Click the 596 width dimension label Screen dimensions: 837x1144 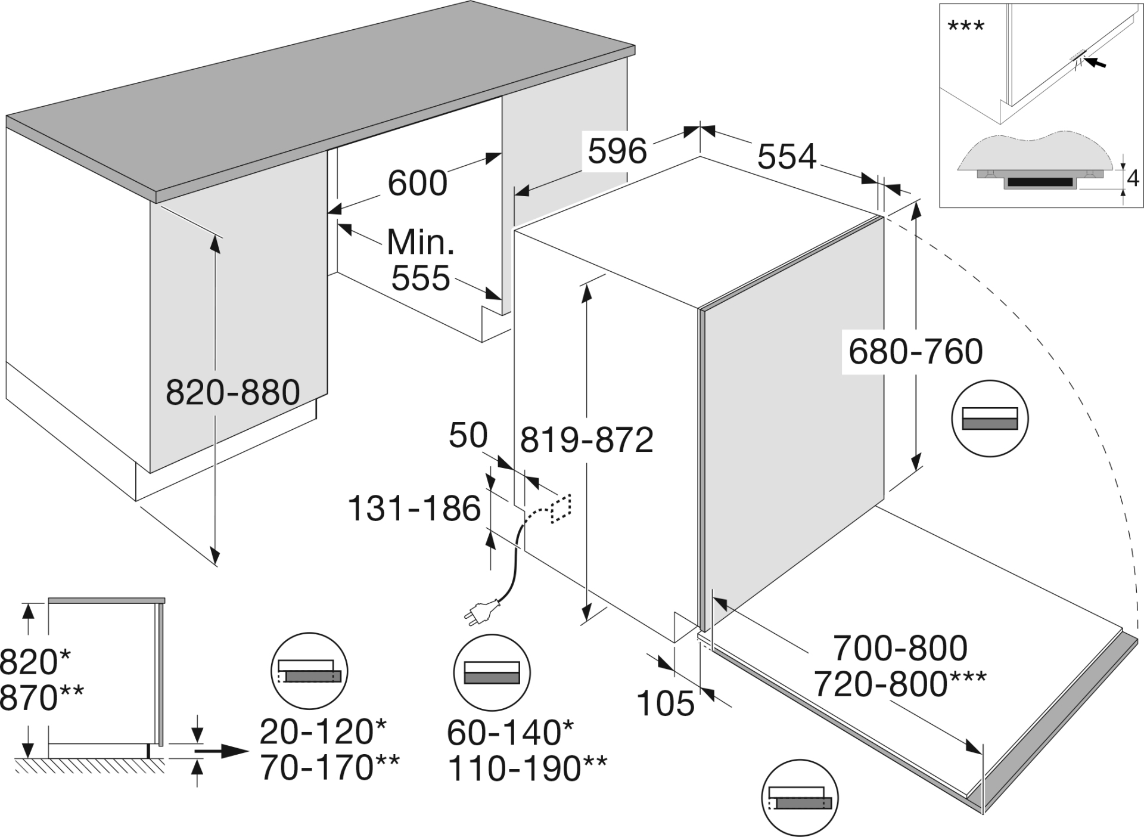click(617, 151)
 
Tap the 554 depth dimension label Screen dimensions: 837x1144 click(786, 157)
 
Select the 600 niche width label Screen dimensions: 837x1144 click(417, 183)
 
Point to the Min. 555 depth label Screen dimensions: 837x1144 click(421, 260)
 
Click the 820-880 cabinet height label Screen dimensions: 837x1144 click(232, 393)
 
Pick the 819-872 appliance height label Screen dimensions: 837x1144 click(587, 441)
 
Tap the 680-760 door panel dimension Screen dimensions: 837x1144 click(915, 352)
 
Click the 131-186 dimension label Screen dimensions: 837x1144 click(414, 509)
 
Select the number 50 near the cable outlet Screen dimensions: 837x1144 click(468, 435)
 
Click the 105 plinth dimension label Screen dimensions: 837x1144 click(666, 703)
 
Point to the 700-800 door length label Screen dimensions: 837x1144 click(900, 648)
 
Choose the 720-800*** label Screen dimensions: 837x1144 click(900, 684)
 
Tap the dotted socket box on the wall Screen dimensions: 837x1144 click(561, 509)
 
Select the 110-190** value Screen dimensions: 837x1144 click(527, 768)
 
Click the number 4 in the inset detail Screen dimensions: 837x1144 click(1133, 178)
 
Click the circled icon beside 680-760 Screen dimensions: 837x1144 click(990, 418)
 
